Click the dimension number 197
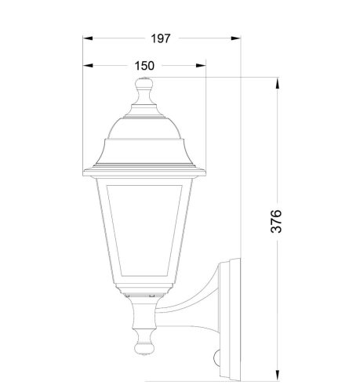162,38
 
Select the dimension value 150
144,66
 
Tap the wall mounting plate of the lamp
230,314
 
